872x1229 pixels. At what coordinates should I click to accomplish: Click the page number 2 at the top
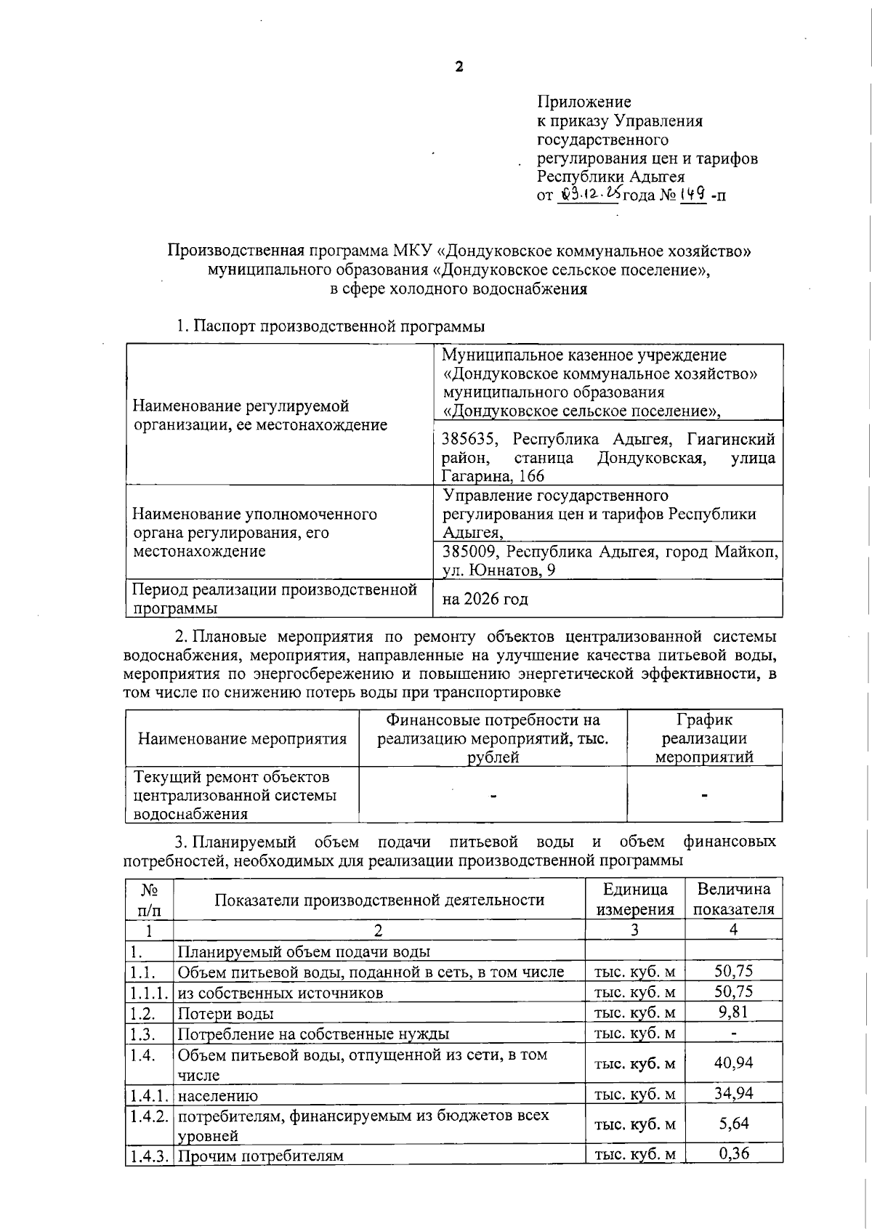459,68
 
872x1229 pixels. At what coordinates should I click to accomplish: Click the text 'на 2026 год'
485,600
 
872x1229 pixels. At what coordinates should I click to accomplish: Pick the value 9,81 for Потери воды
732,1012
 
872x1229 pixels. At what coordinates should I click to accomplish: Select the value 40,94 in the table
732,1063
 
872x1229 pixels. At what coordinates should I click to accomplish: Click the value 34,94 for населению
732,1093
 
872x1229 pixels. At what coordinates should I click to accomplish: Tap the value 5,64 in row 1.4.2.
732,1124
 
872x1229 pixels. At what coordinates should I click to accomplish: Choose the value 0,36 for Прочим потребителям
732,1153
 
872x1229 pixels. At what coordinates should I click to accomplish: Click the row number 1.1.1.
149,992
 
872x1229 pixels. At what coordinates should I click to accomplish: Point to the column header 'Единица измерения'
634,899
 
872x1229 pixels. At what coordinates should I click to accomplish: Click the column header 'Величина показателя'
733,899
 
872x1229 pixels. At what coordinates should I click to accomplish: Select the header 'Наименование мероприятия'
242,739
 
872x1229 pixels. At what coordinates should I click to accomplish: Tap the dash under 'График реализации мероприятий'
704,796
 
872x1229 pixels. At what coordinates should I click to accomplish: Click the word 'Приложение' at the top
584,102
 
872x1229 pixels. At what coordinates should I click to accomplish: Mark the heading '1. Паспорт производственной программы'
331,326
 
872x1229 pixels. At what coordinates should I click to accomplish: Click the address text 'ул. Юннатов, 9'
499,571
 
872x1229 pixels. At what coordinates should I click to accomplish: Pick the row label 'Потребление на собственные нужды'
313,1033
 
